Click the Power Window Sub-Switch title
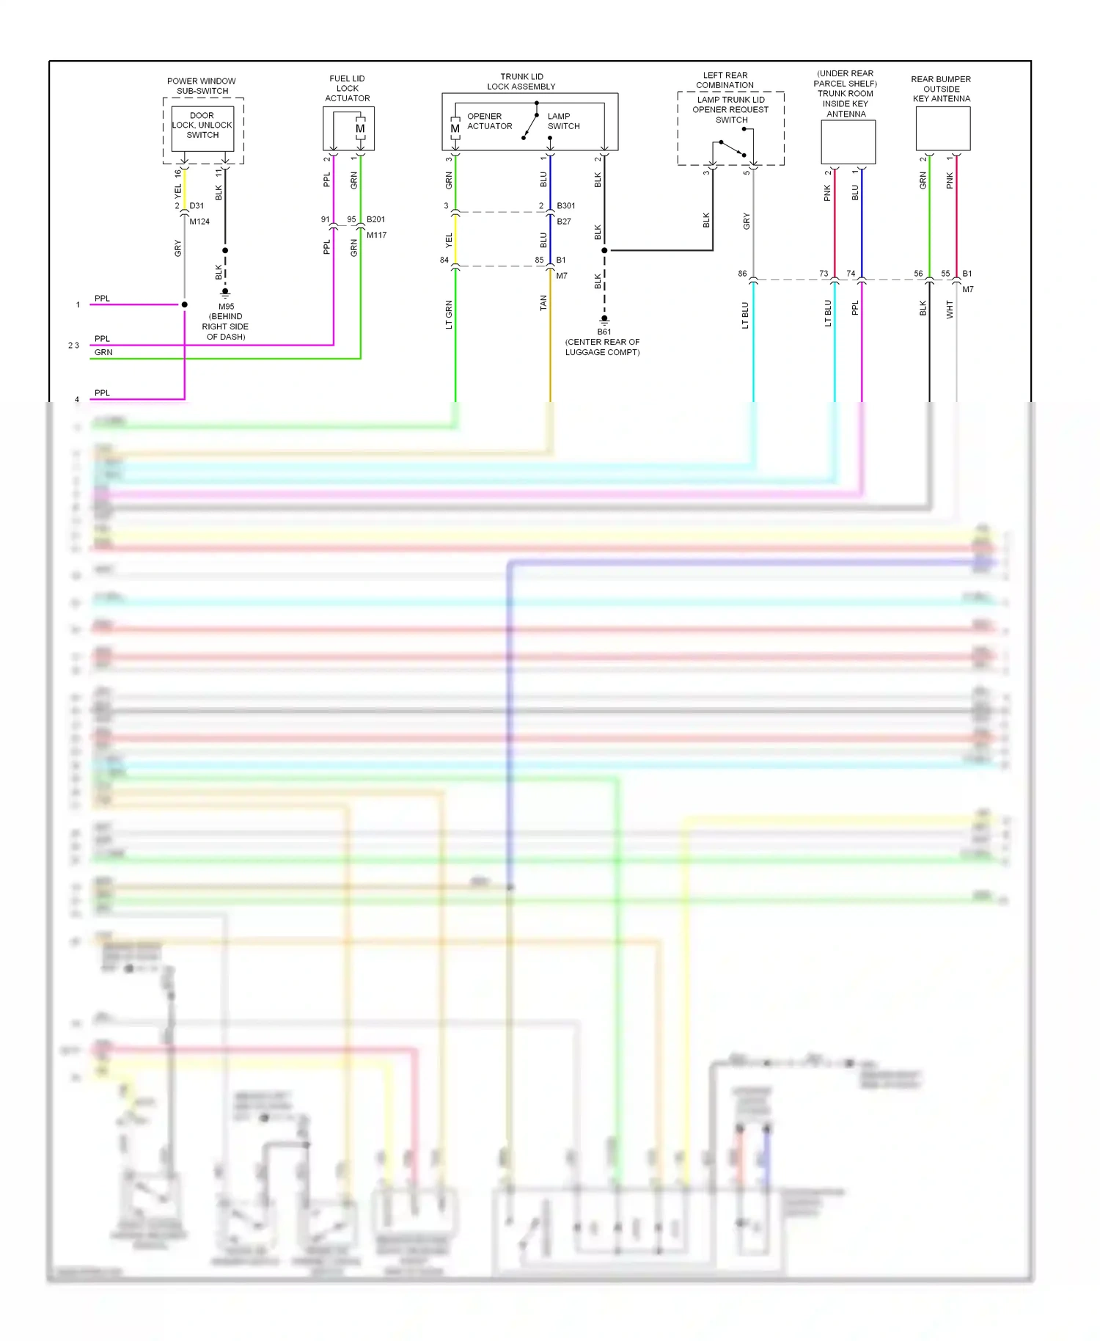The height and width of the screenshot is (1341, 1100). pos(202,86)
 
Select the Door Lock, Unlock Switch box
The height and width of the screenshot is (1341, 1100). pos(202,128)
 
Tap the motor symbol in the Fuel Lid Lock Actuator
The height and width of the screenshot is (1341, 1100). pos(360,128)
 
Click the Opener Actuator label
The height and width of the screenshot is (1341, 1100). pos(489,121)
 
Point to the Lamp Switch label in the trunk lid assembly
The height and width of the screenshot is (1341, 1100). pos(563,121)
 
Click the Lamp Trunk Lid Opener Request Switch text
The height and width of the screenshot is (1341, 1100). pos(730,110)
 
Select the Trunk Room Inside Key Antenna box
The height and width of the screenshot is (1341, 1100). pos(848,142)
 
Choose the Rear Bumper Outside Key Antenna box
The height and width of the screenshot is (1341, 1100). pos(943,128)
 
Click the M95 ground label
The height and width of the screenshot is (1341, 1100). pos(226,307)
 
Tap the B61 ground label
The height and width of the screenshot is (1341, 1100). pos(604,332)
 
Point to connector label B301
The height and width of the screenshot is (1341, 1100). pos(566,206)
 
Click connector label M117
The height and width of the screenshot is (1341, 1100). pos(376,235)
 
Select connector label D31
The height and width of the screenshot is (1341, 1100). pos(197,206)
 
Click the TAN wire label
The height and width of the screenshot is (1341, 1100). pos(543,303)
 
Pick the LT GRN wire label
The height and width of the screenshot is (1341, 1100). pos(449,315)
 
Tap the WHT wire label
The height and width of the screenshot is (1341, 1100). pos(950,310)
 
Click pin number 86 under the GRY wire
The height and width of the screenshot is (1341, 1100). pos(742,274)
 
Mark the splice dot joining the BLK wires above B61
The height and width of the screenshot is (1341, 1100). pos(604,251)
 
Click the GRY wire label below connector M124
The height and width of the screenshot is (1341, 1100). pos(177,249)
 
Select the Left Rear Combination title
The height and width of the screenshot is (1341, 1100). pos(725,80)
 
